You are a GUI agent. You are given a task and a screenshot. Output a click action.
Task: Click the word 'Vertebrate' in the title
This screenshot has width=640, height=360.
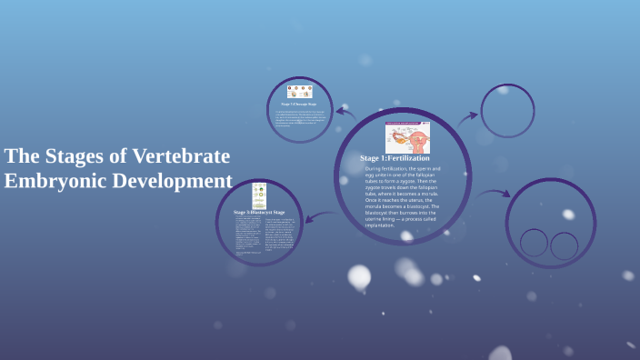click(x=182, y=155)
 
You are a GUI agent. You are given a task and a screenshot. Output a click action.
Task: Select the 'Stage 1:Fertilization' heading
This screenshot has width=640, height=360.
click(x=395, y=158)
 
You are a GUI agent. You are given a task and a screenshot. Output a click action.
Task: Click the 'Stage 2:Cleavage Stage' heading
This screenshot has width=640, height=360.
click(x=298, y=105)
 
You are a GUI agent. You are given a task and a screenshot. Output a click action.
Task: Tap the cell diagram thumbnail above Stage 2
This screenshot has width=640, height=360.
click(x=299, y=92)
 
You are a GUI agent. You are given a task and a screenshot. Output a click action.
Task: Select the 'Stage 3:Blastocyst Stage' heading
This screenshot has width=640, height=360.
click(x=259, y=211)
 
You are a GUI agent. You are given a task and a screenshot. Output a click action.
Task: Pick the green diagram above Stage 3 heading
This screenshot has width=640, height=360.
click(x=259, y=195)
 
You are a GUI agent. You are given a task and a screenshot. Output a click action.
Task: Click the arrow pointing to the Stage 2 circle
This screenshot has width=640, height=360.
click(x=345, y=114)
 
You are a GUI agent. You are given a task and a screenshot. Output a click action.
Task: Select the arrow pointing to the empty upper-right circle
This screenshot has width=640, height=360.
click(x=466, y=117)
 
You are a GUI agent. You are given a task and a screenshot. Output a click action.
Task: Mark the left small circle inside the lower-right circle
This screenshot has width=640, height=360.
click(x=534, y=242)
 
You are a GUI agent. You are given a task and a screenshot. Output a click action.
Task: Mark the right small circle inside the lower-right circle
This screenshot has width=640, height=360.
click(x=565, y=245)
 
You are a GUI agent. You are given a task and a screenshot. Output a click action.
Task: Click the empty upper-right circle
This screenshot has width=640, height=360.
click(x=507, y=111)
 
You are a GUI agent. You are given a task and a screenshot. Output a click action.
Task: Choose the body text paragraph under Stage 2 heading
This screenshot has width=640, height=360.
click(x=299, y=120)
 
